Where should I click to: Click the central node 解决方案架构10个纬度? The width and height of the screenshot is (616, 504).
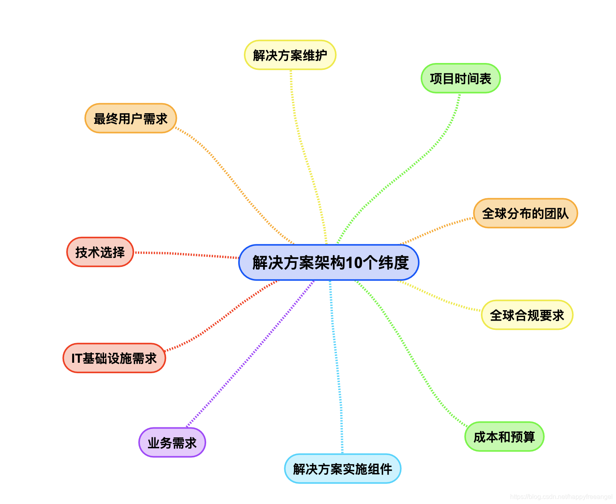pyautogui.click(x=328, y=262)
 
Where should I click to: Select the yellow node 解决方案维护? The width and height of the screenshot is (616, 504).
pyautogui.click(x=290, y=55)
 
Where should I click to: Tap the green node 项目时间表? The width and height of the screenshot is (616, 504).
pyautogui.click(x=460, y=78)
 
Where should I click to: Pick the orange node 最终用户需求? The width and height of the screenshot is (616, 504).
pyautogui.click(x=130, y=118)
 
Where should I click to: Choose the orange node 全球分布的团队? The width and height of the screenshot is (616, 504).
pyautogui.click(x=525, y=213)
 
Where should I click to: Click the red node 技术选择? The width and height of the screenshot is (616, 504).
pyautogui.click(x=100, y=252)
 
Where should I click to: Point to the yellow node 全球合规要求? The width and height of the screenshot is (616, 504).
pyautogui.click(x=527, y=315)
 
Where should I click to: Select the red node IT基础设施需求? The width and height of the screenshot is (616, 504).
pyautogui.click(x=114, y=358)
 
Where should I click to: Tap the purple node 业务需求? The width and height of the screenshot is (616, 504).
pyautogui.click(x=172, y=442)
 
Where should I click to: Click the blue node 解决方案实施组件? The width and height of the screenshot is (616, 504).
pyautogui.click(x=342, y=468)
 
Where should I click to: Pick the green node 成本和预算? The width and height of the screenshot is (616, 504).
pyautogui.click(x=504, y=436)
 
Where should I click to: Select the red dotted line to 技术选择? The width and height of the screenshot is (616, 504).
pyautogui.click(x=186, y=254)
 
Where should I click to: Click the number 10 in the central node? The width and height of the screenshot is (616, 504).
pyautogui.click(x=354, y=263)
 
